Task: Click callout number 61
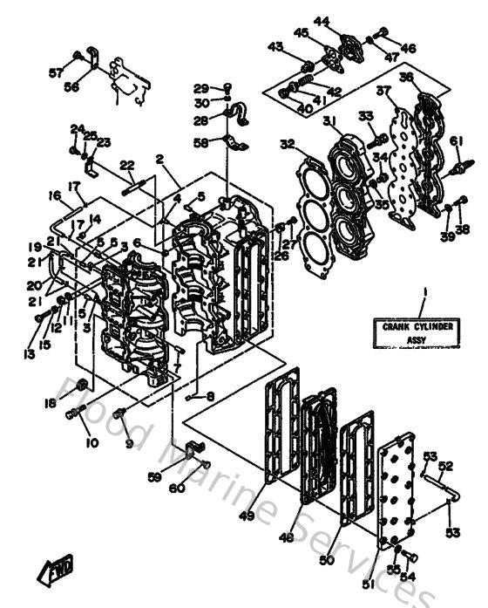click(457, 141)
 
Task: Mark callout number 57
click(56, 72)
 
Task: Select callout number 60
click(177, 488)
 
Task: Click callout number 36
click(430, 78)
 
